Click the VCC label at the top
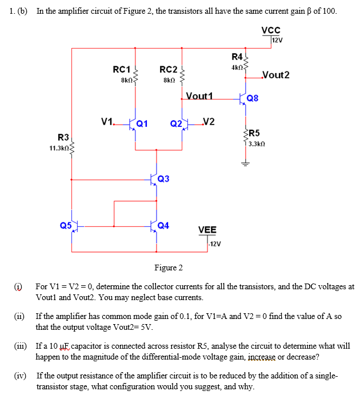point(271,30)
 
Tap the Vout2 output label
point(275,75)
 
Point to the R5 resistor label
point(254,133)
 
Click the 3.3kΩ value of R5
point(255,143)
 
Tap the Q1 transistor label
point(142,122)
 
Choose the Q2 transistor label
point(176,123)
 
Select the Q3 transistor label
point(163,179)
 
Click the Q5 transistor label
point(66,225)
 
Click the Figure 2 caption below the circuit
point(169,268)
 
